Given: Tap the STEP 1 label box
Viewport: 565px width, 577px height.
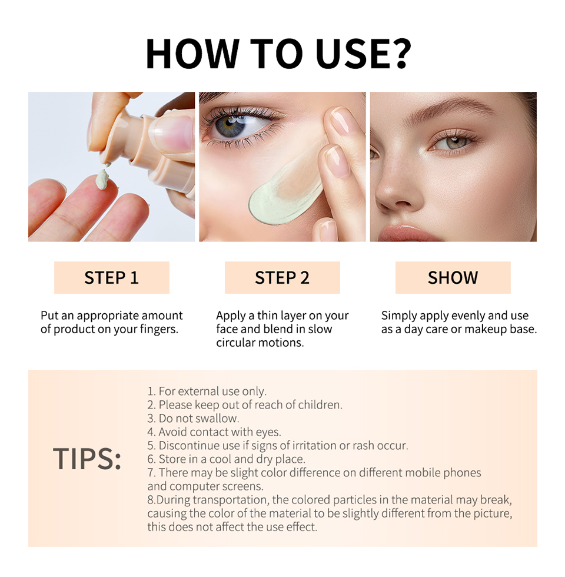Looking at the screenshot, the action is [x=111, y=277].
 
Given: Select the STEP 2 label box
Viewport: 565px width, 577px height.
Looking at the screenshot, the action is [x=282, y=277].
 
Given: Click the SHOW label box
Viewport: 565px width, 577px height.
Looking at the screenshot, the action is [x=453, y=277].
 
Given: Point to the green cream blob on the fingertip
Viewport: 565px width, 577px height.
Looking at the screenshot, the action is [x=102, y=179].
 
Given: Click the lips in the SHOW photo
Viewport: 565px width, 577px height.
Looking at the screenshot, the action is [x=412, y=233].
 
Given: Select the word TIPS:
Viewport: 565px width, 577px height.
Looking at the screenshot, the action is [x=87, y=459].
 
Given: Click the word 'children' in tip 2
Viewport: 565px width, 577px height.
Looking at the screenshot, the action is [x=318, y=405].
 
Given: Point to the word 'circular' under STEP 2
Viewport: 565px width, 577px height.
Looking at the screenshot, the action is [x=235, y=343].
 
